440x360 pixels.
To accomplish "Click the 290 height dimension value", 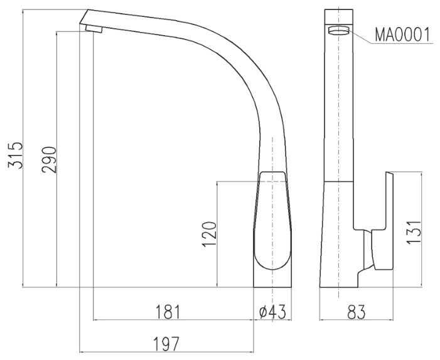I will click(x=50, y=160).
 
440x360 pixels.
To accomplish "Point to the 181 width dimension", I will click(x=168, y=311).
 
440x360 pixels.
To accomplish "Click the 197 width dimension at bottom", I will click(x=167, y=343).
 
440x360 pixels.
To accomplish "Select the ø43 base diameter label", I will click(x=272, y=311).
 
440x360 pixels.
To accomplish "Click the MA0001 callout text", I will click(x=402, y=34).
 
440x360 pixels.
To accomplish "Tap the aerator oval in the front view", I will click(x=338, y=33).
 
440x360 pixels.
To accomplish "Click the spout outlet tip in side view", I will click(x=91, y=28).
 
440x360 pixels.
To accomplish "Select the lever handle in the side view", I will click(x=271, y=220).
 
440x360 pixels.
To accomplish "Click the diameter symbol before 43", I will click(x=263, y=311).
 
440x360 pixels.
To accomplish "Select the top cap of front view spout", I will click(x=338, y=17).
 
